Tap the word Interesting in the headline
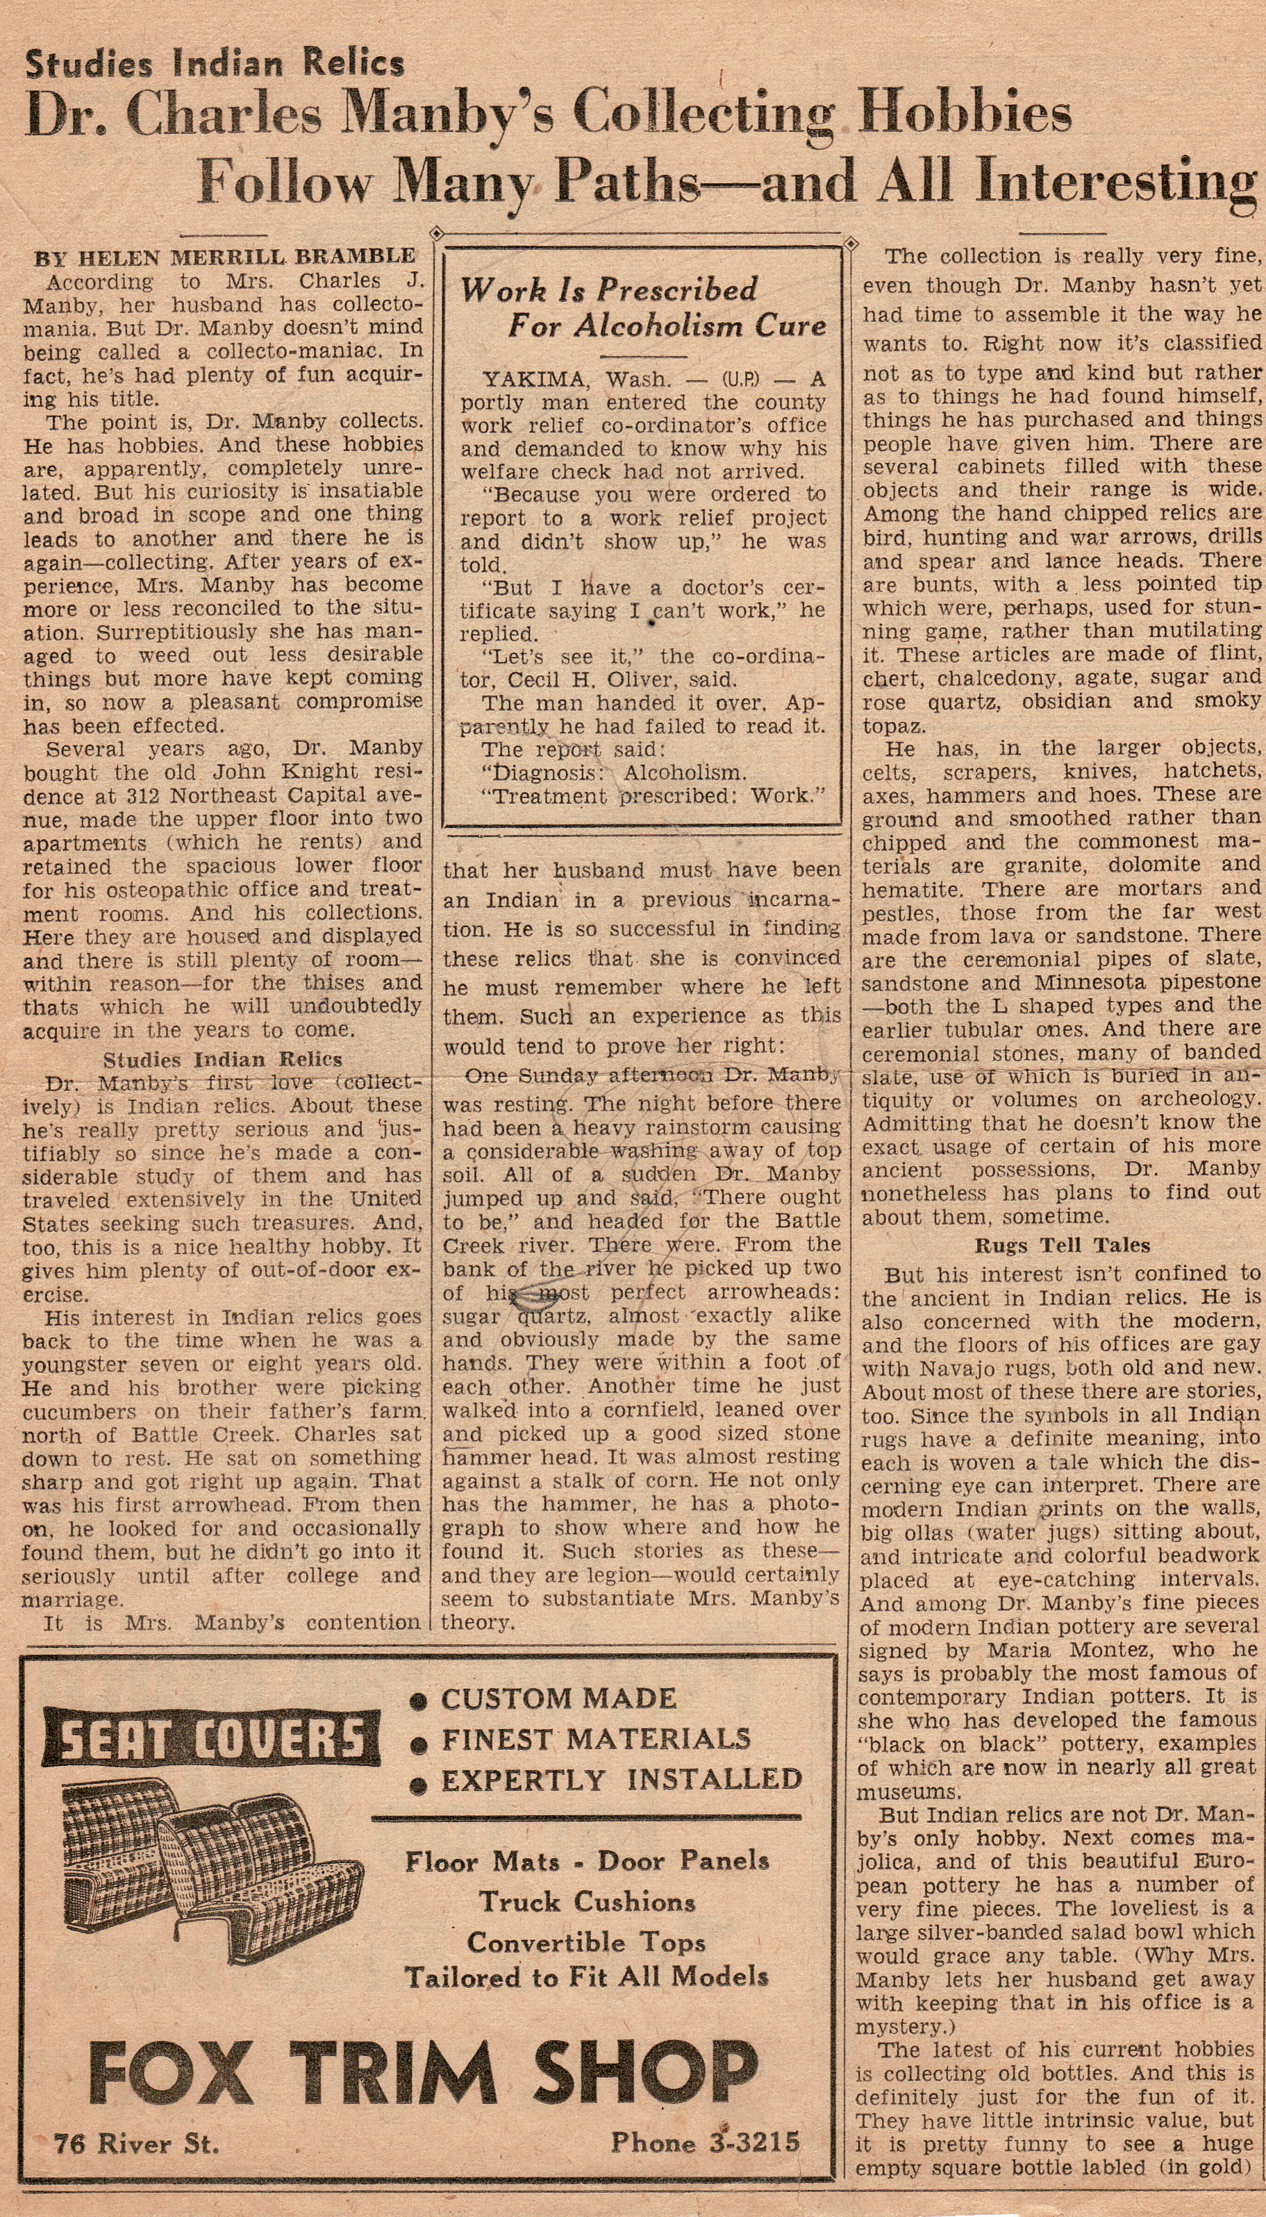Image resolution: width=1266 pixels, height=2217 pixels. tap(1115, 182)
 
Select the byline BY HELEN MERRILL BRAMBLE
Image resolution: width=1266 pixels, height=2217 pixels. tap(224, 258)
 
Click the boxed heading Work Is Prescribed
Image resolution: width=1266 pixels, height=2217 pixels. tap(608, 289)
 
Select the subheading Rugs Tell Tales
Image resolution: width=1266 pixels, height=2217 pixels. tap(1062, 1245)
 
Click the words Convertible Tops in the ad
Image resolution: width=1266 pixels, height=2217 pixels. tap(585, 1941)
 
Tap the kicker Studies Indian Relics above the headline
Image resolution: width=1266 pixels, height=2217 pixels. tap(215, 63)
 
